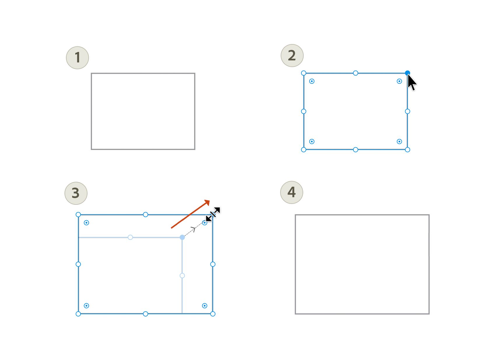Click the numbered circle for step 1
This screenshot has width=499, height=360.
pyautogui.click(x=78, y=58)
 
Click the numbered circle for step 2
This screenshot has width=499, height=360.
pyautogui.click(x=292, y=55)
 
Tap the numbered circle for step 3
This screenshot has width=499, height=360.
pyautogui.click(x=76, y=193)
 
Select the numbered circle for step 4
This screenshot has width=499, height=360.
pyautogui.click(x=292, y=192)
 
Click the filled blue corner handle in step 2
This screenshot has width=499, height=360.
pyautogui.click(x=407, y=73)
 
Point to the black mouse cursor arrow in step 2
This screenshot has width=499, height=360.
pyautogui.click(x=412, y=82)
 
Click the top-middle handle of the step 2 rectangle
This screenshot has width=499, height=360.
pyautogui.click(x=355, y=73)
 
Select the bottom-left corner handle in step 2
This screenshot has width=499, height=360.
pyautogui.click(x=304, y=150)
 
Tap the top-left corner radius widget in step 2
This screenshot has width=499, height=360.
pyautogui.click(x=312, y=81)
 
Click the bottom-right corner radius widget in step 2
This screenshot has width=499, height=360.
pyautogui.click(x=399, y=141)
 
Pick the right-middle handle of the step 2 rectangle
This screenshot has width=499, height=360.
pyautogui.click(x=407, y=111)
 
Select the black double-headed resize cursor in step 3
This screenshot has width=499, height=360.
pyautogui.click(x=213, y=214)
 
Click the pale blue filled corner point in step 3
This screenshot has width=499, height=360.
pyautogui.click(x=182, y=237)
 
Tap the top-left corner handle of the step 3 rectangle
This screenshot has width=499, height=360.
pyautogui.click(x=78, y=214)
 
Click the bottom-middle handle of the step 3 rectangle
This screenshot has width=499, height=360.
pyautogui.click(x=145, y=314)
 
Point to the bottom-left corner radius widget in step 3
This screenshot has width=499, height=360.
pyautogui.click(x=86, y=306)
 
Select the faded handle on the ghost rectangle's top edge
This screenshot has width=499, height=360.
pyautogui.click(x=130, y=237)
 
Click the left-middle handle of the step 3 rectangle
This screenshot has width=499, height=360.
pyautogui.click(x=78, y=264)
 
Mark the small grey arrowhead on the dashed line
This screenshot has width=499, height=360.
pyautogui.click(x=193, y=229)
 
